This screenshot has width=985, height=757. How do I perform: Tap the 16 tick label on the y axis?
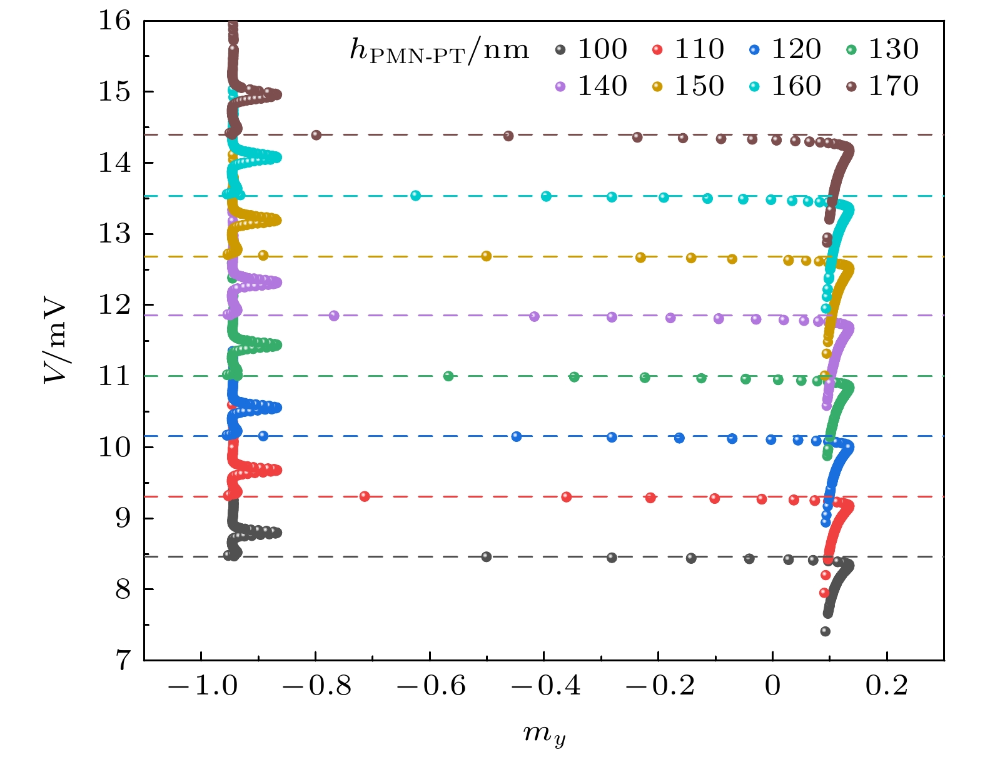coord(114,21)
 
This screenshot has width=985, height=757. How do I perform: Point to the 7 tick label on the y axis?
coord(123,660)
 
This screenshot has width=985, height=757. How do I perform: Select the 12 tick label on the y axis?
coord(114,305)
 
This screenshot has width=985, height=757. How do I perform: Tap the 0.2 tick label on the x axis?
coord(887,686)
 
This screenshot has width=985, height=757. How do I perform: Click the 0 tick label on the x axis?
coord(773,686)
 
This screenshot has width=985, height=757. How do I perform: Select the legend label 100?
coord(602,49)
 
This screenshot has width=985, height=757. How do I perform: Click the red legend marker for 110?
coord(657,49)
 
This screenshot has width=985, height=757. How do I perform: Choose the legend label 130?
coord(894,49)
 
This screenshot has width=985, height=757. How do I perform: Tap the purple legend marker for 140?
coord(560,86)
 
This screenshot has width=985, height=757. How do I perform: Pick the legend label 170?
coord(894,86)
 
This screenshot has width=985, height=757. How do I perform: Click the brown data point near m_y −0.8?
coord(316,135)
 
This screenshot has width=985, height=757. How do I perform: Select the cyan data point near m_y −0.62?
coord(415,196)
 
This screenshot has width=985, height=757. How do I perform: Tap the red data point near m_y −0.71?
coord(365,496)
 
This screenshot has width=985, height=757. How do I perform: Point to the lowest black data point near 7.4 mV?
coord(826,631)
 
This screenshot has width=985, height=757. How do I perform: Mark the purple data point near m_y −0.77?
coord(334,316)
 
